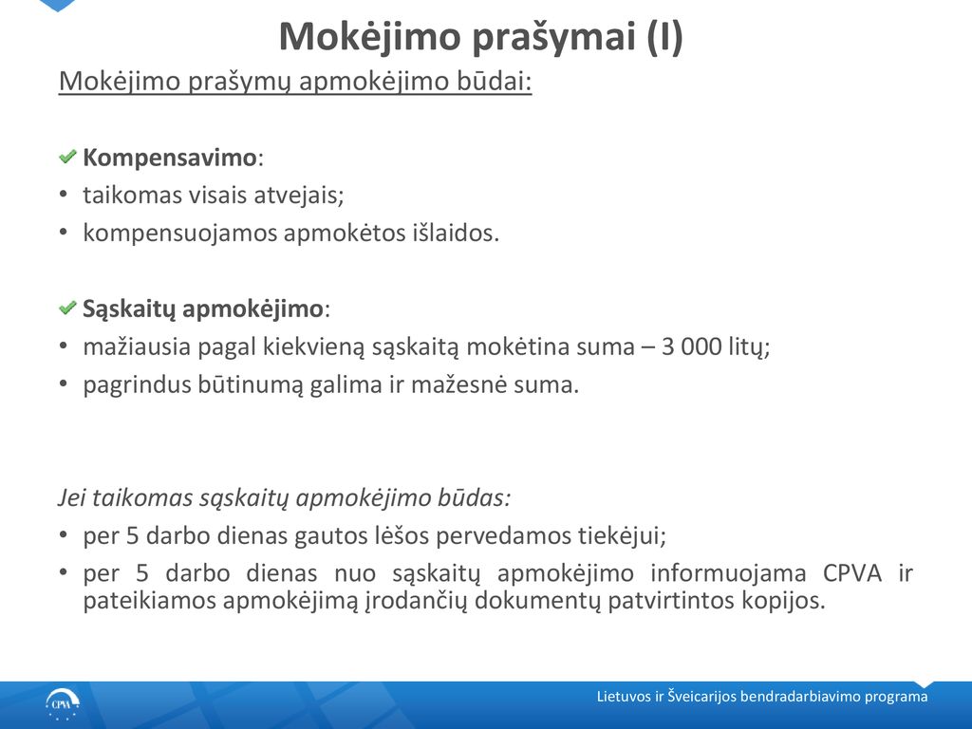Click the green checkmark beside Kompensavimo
pos(67,157)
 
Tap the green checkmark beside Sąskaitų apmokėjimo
pos(67,308)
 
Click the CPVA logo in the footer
pos(63,705)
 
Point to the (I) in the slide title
pos(664,36)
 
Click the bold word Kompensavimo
pos(169,158)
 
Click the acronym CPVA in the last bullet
pos(851,572)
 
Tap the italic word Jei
pos(72,497)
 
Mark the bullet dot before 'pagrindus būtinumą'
pos(64,383)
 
